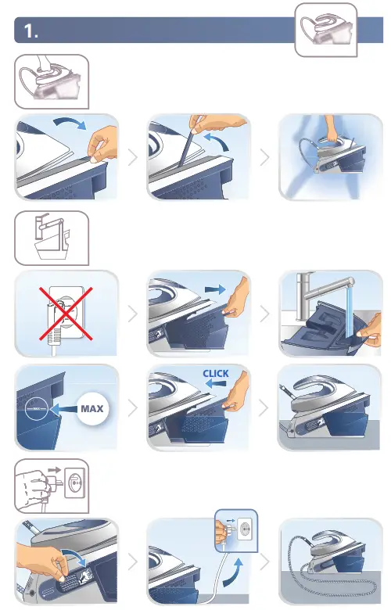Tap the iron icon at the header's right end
[x=325, y=30]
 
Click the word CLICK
[x=216, y=373]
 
